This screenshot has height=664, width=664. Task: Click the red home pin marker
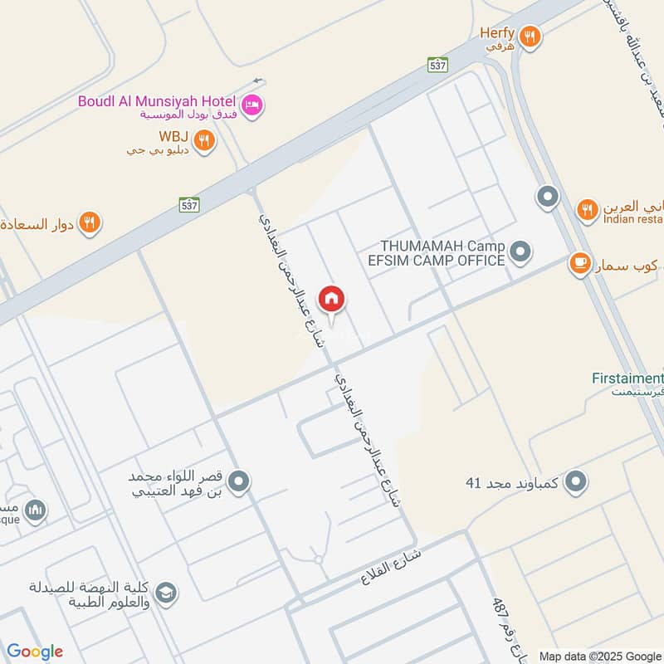click(x=331, y=300)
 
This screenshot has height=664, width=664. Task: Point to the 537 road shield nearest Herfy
click(x=437, y=64)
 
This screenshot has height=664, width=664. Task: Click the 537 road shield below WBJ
click(x=188, y=203)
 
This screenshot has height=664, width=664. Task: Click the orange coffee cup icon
click(x=579, y=264)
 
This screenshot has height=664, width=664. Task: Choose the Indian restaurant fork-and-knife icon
click(x=588, y=209)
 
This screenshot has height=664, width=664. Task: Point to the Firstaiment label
click(x=627, y=378)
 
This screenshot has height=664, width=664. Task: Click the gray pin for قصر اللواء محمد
click(x=238, y=481)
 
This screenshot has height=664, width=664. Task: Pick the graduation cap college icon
click(x=165, y=593)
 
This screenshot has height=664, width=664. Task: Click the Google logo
click(x=35, y=652)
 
